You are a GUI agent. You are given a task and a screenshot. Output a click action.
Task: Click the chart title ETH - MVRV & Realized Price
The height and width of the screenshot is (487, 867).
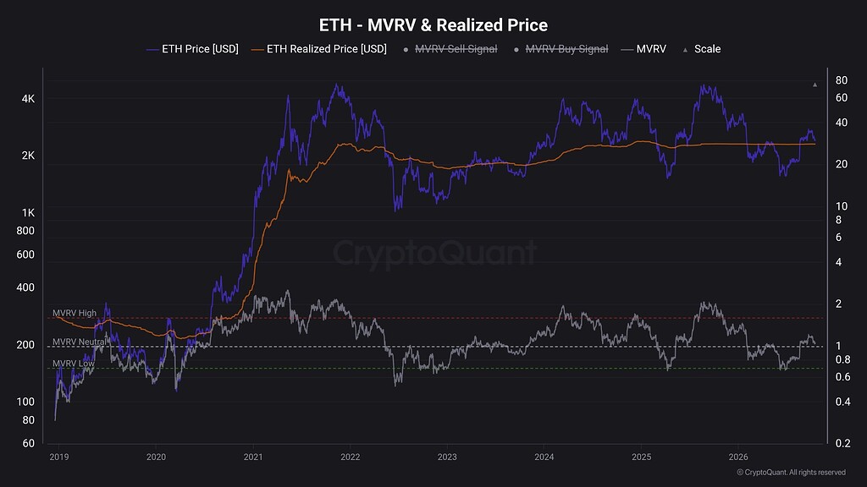pos(433,25)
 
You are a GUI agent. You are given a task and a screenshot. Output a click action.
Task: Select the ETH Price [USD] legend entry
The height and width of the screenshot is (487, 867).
pos(192,49)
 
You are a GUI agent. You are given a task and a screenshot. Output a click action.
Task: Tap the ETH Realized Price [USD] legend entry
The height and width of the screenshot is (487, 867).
pos(319,49)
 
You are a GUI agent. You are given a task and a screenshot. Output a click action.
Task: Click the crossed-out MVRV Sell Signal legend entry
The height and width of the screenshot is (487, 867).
pos(450,49)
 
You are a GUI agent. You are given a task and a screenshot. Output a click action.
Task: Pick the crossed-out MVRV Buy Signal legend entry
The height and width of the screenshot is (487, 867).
pos(561,49)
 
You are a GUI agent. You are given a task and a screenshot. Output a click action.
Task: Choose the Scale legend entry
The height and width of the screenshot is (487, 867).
pos(702,49)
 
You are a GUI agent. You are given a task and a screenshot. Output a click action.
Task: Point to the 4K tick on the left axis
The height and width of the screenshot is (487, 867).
pos(28,99)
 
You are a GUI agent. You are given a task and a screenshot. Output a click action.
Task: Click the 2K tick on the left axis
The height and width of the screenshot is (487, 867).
pos(28,156)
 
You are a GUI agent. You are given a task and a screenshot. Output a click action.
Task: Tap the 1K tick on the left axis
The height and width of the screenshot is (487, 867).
pos(28,212)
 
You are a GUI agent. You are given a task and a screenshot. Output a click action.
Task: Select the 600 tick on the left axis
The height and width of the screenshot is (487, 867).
pos(25,254)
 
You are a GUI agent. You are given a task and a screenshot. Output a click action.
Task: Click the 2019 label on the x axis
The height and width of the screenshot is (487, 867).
pos(59,457)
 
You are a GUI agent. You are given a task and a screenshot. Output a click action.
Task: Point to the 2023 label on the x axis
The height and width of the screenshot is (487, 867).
pos(447,457)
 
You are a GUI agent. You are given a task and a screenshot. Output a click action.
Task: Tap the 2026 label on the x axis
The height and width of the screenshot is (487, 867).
pos(738,457)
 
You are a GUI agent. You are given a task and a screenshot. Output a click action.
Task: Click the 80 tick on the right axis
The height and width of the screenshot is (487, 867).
pos(841,80)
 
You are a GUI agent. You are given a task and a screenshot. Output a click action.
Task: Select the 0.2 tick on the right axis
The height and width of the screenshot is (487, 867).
pos(842,443)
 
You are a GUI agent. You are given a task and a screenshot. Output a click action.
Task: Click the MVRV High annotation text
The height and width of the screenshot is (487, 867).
pos(75,313)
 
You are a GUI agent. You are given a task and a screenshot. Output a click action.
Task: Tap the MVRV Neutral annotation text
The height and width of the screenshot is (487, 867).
pos(79,342)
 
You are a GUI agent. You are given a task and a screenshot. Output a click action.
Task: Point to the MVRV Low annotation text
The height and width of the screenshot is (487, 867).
pos(73,364)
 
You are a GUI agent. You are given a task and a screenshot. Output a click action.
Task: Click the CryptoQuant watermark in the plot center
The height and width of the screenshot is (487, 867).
pos(434,253)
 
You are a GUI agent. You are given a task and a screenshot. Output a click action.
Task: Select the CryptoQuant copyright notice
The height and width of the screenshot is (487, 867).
pos(791,472)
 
